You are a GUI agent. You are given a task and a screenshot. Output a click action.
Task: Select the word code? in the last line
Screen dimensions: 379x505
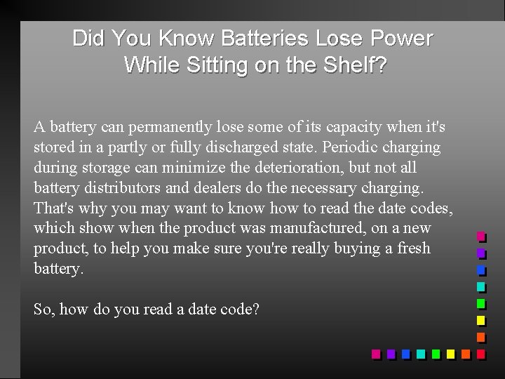(x=243, y=308)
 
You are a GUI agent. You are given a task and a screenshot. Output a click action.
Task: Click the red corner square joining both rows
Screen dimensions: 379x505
(x=481, y=354)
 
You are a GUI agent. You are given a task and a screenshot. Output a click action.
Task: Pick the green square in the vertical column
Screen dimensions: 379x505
(x=481, y=304)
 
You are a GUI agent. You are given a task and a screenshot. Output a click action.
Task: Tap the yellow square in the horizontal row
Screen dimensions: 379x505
(x=450, y=354)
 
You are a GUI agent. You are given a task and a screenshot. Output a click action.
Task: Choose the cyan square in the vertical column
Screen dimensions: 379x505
(x=481, y=287)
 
